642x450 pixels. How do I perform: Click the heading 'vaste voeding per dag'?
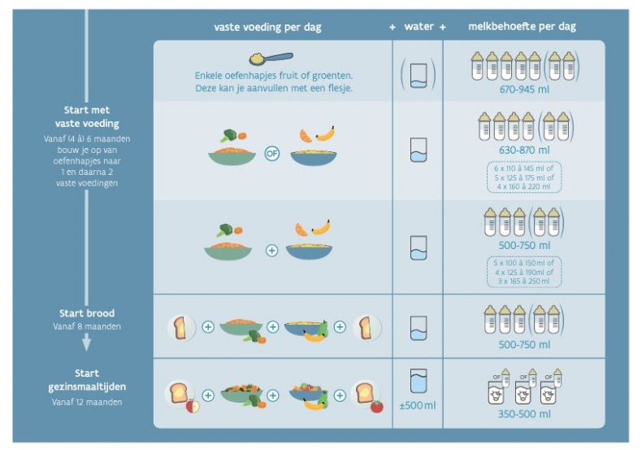coord(267,28)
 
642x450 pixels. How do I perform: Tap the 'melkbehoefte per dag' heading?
coord(522,27)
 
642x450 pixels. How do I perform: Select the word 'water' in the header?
coord(419,27)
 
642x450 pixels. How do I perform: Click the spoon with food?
coord(271,59)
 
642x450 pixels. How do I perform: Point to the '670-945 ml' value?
coord(524,90)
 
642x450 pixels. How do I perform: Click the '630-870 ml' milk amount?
coord(524,150)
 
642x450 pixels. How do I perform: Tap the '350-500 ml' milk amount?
coord(524,414)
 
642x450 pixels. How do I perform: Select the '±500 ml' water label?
coord(418,405)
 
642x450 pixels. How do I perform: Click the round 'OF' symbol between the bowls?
coord(272,154)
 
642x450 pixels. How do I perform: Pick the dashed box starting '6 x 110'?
coord(524,177)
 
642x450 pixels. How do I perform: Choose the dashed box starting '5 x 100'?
coord(524,272)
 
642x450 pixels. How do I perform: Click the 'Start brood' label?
coord(87,313)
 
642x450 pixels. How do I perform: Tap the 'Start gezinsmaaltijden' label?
coord(87,380)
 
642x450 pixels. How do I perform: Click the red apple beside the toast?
coord(193,406)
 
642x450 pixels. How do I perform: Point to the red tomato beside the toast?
coord(377,406)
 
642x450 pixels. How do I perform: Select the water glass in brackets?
coord(418,76)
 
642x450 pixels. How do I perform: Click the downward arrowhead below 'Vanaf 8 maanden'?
coord(86,343)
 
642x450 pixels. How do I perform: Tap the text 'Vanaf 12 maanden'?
coord(87,402)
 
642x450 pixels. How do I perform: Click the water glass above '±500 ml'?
coord(418,381)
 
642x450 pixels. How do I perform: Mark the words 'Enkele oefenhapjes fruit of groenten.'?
coord(274,76)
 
